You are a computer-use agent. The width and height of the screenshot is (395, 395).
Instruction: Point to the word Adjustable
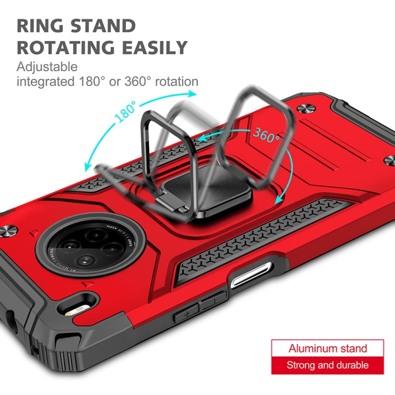coord(47,67)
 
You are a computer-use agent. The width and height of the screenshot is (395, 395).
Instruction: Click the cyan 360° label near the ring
coord(266,136)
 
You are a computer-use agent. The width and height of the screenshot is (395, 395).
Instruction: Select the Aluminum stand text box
coord(327,349)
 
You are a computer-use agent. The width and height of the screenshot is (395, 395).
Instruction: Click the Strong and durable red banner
coord(327,365)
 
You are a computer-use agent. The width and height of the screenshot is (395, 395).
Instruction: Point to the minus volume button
coord(211,302)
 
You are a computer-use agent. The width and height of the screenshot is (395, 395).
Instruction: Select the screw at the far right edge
coord(389,160)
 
